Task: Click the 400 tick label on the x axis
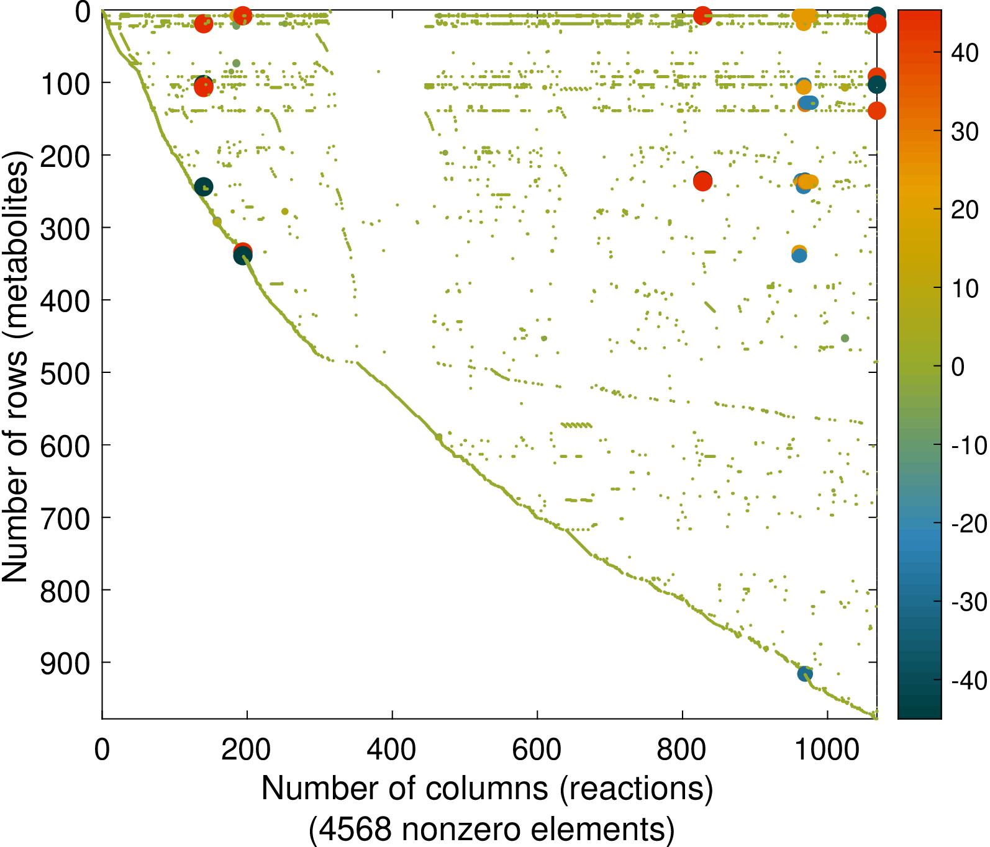tap(392, 750)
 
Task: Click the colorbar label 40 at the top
tap(965, 53)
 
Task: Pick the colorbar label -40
tap(969, 681)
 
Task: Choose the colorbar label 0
tap(958, 367)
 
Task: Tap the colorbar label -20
tap(969, 524)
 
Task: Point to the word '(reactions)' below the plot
tap(636, 789)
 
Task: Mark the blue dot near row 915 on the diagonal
tap(805, 674)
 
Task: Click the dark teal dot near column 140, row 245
tap(204, 187)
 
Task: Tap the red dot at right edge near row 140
tap(876, 111)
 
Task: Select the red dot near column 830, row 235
tap(702, 182)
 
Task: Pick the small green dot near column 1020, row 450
tap(845, 338)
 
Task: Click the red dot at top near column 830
tap(702, 16)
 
